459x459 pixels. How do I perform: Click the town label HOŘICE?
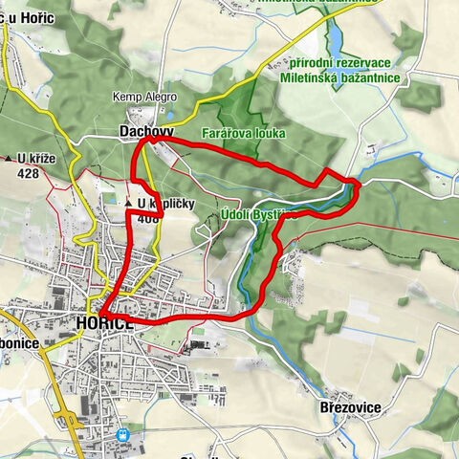[104, 324]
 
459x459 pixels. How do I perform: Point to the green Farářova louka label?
[243, 133]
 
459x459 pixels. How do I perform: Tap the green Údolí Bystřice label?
[258, 215]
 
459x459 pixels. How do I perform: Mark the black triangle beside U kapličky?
[128, 204]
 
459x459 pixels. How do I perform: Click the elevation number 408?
[148, 218]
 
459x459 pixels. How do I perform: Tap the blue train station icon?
[122, 433]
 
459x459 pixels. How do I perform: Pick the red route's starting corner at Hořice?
[102, 314]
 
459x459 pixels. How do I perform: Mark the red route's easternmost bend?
[358, 184]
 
